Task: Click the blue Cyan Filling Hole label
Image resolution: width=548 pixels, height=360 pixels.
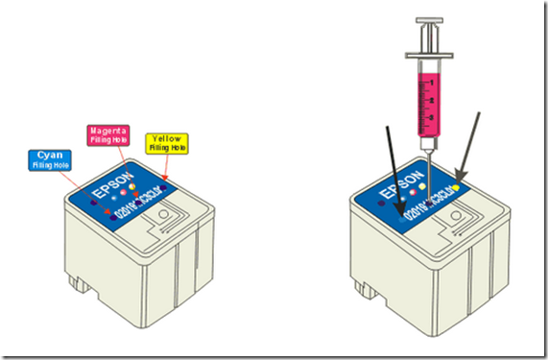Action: [x=46, y=158]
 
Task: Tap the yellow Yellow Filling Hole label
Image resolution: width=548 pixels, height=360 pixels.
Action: [x=169, y=143]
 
